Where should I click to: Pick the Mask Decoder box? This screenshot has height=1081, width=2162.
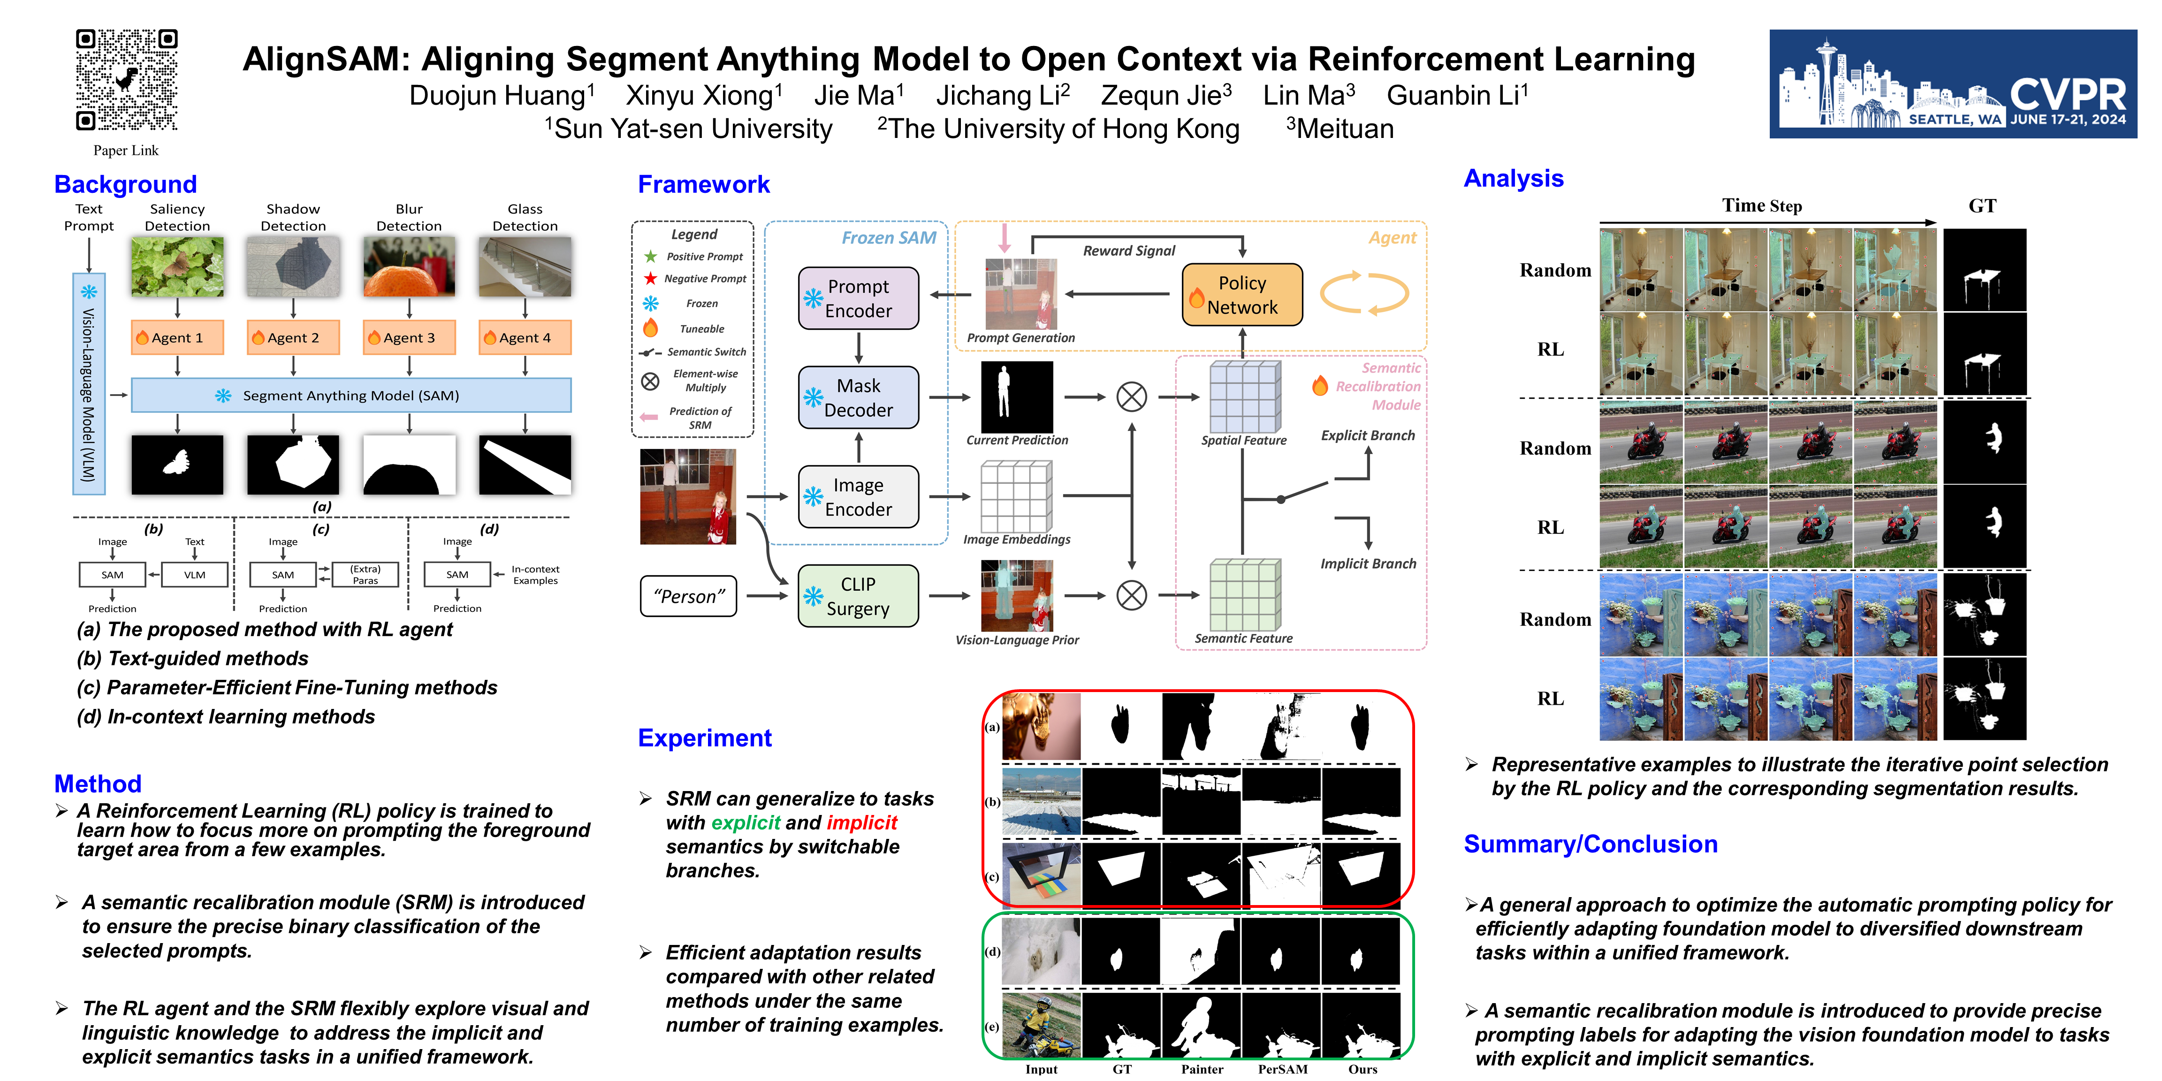pyautogui.click(x=858, y=398)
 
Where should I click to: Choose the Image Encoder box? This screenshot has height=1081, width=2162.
pyautogui.click(x=858, y=497)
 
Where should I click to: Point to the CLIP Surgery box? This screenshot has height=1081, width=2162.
pyautogui.click(x=858, y=596)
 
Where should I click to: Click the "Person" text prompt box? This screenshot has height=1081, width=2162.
pyautogui.click(x=688, y=596)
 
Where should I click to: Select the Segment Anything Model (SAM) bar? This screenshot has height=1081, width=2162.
pyautogui.click(x=351, y=396)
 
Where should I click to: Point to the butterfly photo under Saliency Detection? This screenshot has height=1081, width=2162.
pyautogui.click(x=177, y=266)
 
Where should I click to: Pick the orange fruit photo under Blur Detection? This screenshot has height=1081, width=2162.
pyautogui.click(x=409, y=266)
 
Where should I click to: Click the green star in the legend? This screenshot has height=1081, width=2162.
pyautogui.click(x=650, y=256)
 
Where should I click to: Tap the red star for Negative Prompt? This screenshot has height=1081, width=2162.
pyautogui.click(x=650, y=278)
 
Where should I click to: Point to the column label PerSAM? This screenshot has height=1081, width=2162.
pyautogui.click(x=1282, y=1069)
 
